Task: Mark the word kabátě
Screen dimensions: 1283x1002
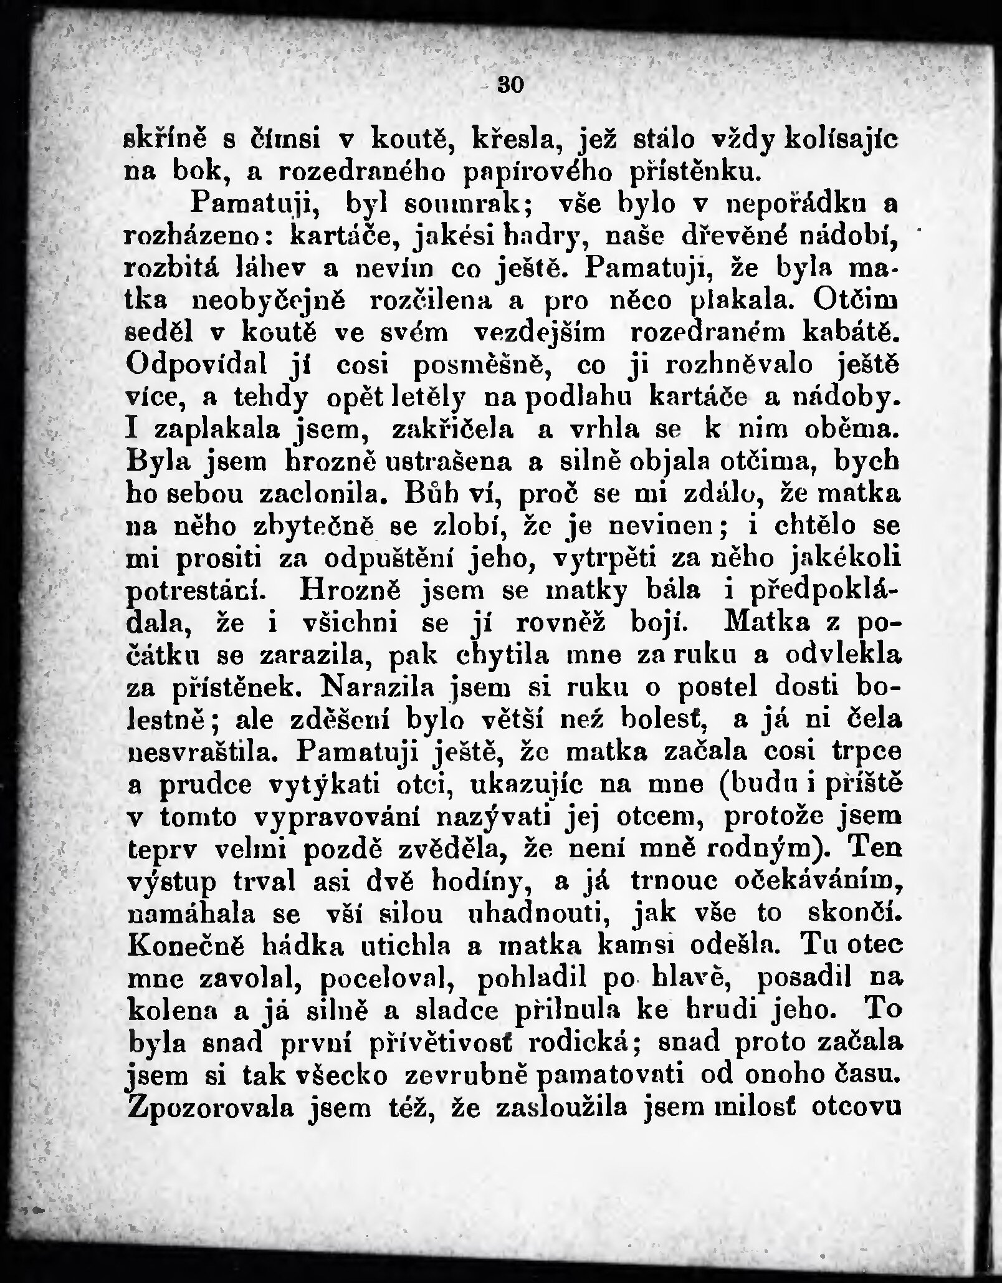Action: (851, 333)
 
